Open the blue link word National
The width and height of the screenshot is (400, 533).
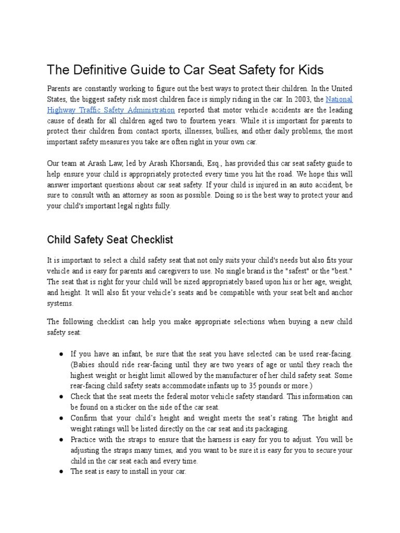339,99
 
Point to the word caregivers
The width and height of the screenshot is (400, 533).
180,271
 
